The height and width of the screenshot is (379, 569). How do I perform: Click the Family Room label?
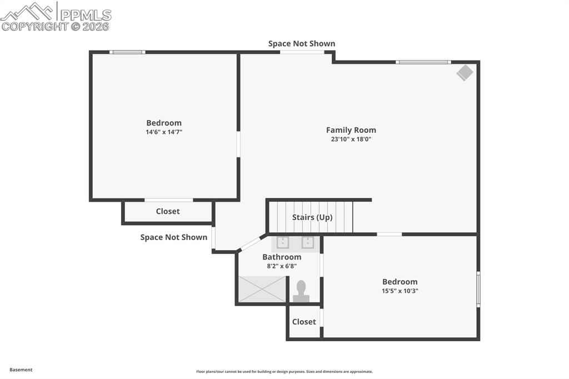(x=351, y=130)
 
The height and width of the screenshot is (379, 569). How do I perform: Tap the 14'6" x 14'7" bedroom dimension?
(x=164, y=132)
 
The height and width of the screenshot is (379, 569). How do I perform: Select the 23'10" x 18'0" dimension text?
(x=351, y=139)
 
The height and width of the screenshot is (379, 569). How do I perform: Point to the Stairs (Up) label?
(x=312, y=217)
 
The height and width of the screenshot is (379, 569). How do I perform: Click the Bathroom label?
(x=282, y=257)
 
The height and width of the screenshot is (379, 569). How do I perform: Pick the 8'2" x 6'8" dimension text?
(x=282, y=266)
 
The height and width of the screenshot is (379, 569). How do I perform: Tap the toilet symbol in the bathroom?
(x=301, y=291)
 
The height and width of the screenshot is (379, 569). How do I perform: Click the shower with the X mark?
(x=262, y=290)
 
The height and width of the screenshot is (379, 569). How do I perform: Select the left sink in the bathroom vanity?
(x=283, y=242)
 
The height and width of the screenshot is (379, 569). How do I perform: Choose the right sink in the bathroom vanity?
(x=308, y=242)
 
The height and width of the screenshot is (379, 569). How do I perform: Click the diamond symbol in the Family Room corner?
(x=465, y=73)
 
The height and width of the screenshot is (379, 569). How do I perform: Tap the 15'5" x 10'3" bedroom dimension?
(x=400, y=291)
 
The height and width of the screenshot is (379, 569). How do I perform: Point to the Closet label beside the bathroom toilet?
(x=304, y=322)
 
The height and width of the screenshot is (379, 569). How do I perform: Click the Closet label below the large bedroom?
(x=168, y=211)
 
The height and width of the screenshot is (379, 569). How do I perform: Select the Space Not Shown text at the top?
(x=302, y=43)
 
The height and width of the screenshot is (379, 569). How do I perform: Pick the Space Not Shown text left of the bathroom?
(x=174, y=237)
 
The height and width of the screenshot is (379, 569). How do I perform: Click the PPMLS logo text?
(x=86, y=15)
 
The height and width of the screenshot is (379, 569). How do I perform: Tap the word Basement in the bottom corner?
(x=21, y=370)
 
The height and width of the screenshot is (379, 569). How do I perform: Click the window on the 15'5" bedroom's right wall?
(x=478, y=289)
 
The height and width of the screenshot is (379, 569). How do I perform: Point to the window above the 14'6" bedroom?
(x=127, y=52)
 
